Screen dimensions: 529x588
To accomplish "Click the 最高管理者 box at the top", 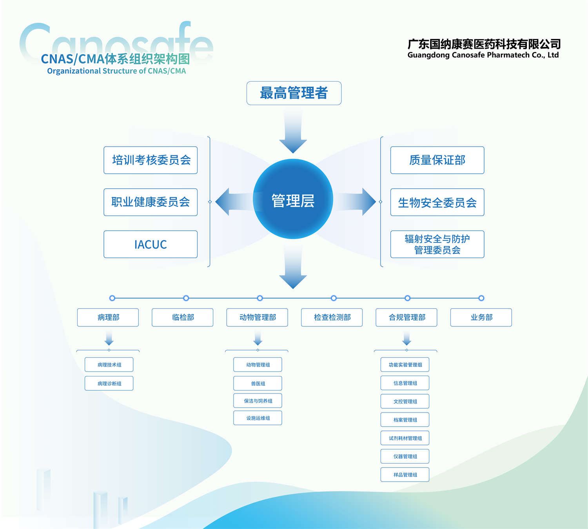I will [x=294, y=93].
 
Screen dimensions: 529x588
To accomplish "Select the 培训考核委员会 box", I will [x=151, y=160].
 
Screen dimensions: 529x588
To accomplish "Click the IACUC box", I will [x=151, y=244].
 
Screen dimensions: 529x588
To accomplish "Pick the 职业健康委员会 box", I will [x=151, y=202].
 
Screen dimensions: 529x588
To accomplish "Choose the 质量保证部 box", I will [x=437, y=160].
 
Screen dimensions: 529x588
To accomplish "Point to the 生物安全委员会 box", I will [x=437, y=202].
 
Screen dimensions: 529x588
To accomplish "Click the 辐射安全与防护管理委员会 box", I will [x=437, y=244].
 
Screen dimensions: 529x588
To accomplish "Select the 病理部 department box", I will [x=108, y=317].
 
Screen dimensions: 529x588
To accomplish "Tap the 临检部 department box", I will [x=183, y=317].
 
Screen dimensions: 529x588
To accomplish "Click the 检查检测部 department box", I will [x=332, y=317].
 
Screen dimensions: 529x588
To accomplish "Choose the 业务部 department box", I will [x=481, y=317].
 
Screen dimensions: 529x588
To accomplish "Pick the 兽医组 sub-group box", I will [x=258, y=384].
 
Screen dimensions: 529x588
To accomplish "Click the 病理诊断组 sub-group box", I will [x=109, y=384].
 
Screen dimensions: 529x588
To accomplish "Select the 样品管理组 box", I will [x=405, y=474].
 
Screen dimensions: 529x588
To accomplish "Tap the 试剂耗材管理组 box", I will [x=405, y=438].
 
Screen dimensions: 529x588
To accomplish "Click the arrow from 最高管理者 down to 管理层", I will [x=293, y=131].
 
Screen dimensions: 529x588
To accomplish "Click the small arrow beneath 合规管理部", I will [x=407, y=338].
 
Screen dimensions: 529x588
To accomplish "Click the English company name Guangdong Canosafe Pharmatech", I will [x=483, y=55].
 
